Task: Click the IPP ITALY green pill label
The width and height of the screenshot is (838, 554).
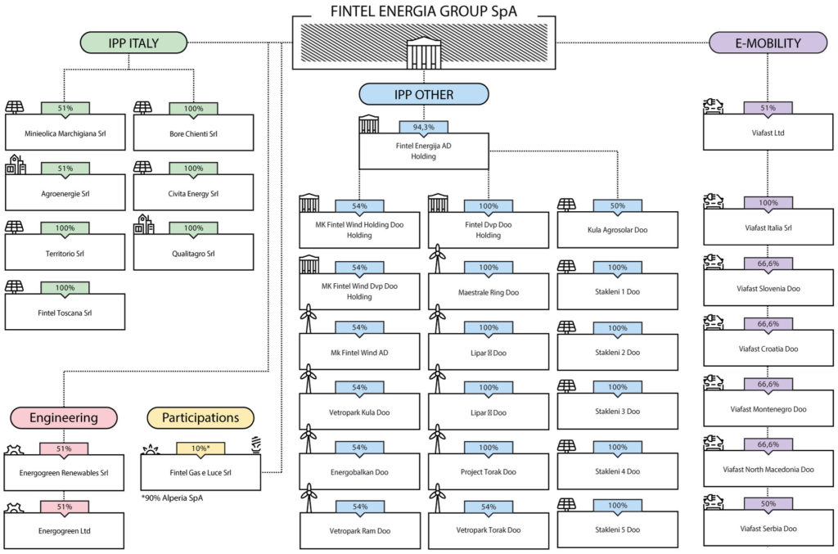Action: [x=133, y=43]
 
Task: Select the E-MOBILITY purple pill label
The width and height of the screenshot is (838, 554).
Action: [x=768, y=43]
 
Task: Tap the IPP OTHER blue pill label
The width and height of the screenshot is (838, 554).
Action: [x=424, y=95]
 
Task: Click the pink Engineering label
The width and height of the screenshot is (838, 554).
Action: [x=64, y=418]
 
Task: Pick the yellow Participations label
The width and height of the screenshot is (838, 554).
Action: [x=200, y=418]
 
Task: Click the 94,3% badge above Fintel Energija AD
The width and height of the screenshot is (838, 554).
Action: [x=424, y=128]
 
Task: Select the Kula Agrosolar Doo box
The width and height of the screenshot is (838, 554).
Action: [x=617, y=230]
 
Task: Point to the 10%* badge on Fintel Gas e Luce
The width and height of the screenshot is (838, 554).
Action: [x=200, y=448]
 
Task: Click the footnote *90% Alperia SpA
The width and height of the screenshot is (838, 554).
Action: [x=172, y=498]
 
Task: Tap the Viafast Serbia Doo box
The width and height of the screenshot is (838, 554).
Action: [x=768, y=529]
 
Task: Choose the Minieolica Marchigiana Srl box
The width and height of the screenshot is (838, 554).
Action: [x=65, y=133]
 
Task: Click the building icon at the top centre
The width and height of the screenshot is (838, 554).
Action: [x=424, y=53]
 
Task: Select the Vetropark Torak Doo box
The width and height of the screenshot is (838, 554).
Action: [x=489, y=530]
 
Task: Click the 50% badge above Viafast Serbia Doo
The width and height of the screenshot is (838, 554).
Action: [x=768, y=504]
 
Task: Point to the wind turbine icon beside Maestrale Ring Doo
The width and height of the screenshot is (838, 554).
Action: [x=438, y=259]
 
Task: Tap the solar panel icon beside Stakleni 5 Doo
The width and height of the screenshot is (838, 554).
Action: [x=566, y=504]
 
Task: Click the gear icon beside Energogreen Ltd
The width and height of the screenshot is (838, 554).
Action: [x=14, y=508]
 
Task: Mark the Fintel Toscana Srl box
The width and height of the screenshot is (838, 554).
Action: [x=65, y=312]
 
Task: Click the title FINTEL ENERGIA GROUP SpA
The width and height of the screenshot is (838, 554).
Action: [x=424, y=11]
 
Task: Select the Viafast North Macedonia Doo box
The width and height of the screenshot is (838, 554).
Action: [x=768, y=469]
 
